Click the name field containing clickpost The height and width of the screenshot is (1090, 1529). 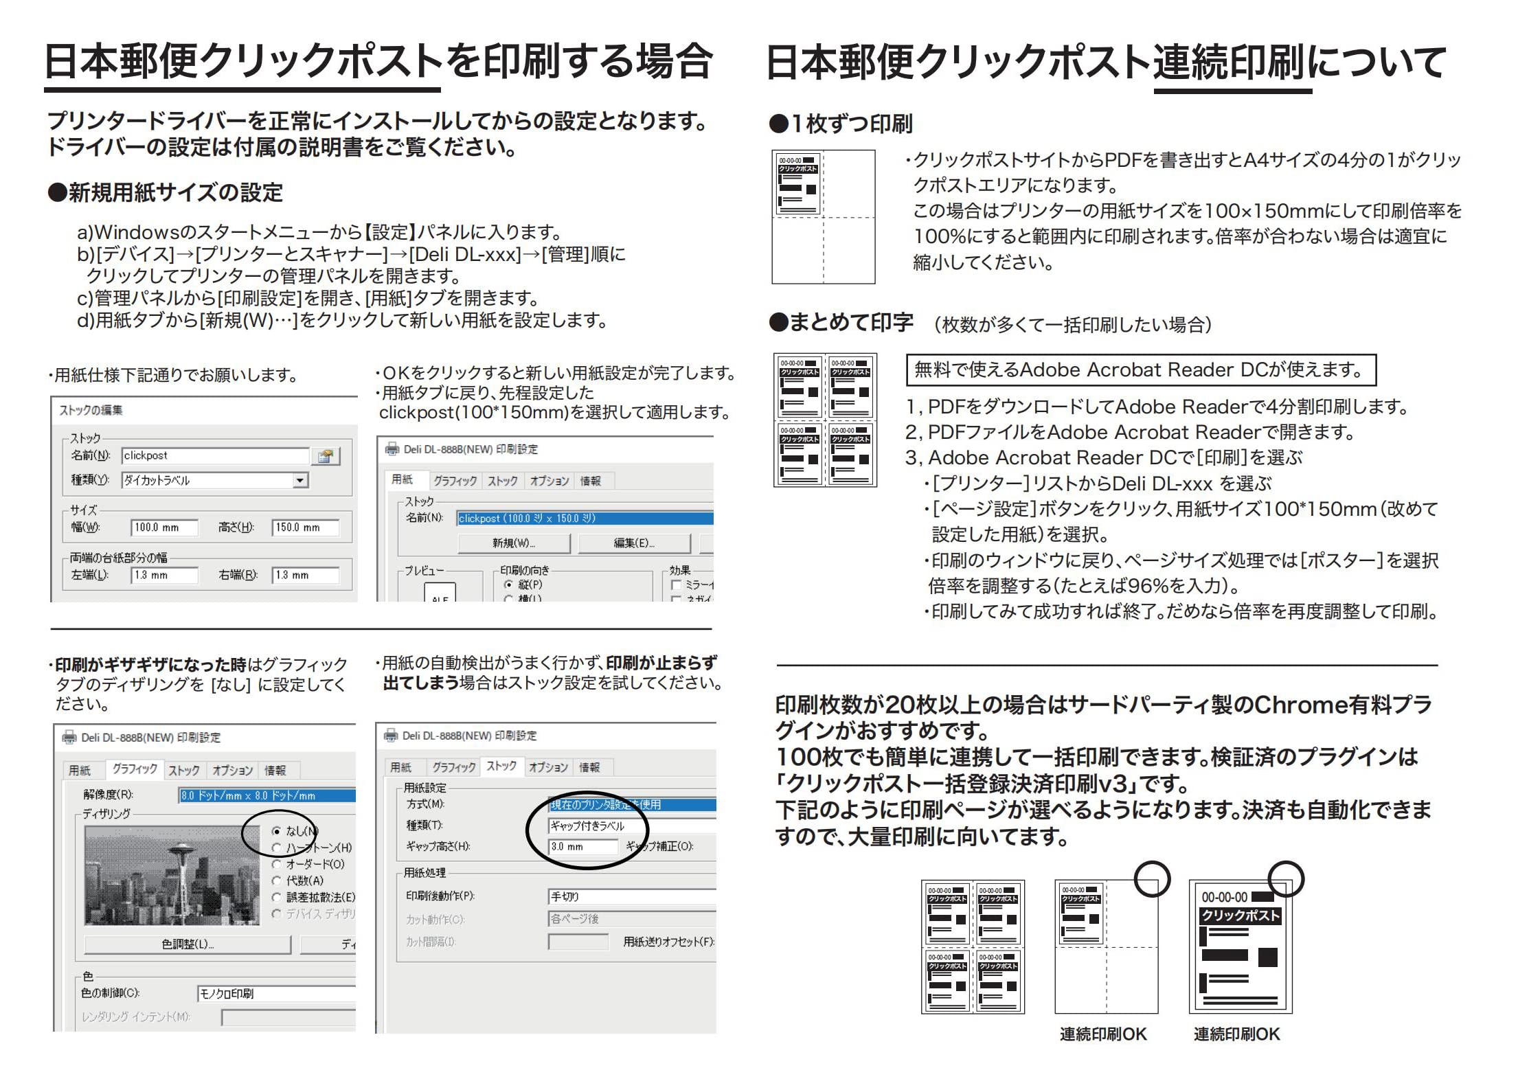215,455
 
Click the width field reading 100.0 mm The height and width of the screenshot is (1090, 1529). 164,527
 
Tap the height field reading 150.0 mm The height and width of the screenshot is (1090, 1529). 305,527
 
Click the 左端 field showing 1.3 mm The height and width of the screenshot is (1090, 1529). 164,575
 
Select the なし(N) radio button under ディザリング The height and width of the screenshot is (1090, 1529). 277,831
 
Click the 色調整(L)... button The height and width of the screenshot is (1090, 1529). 187,944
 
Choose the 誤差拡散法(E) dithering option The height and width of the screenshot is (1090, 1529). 277,897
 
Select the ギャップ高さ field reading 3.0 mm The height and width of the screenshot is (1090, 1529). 582,847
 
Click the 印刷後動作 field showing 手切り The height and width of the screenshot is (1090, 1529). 631,896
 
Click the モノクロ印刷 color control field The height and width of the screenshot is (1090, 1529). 275,993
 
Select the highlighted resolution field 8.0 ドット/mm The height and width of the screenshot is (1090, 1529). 267,795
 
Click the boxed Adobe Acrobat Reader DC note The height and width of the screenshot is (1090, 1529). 1140,370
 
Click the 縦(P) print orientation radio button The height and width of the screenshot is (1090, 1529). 509,584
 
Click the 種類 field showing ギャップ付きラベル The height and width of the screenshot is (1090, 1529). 631,826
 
